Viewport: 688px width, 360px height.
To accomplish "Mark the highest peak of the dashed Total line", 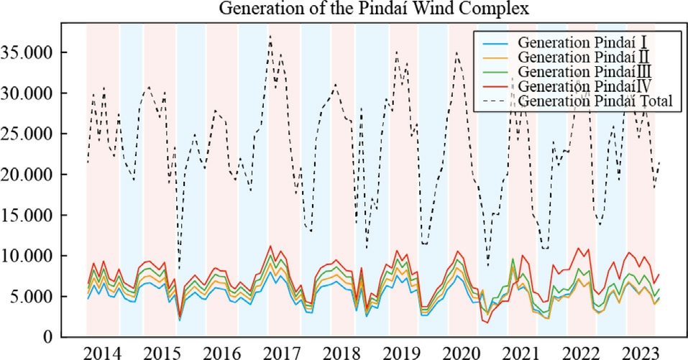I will coord(270,35).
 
